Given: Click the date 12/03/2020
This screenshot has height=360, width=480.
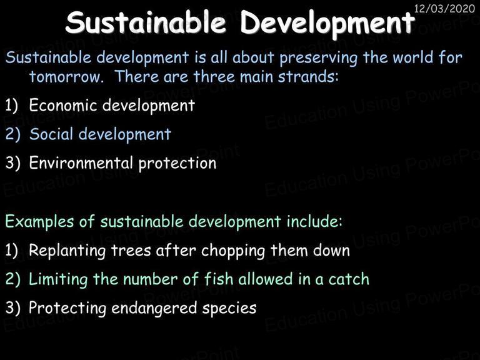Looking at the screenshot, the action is pyautogui.click(x=444, y=8).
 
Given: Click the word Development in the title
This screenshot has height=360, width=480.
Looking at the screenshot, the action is pyautogui.click(x=327, y=23).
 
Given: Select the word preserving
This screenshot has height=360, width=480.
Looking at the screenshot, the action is pyautogui.click(x=318, y=59).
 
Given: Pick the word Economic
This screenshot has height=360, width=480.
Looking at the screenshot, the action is pyautogui.click(x=62, y=105).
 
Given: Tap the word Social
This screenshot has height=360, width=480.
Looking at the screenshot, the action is pyautogui.click(x=51, y=134).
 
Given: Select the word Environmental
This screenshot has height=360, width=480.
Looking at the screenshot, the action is pyautogui.click(x=81, y=162).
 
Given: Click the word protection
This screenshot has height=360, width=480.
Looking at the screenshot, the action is pyautogui.click(x=177, y=164).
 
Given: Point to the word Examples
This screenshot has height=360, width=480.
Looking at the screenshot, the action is pyautogui.click(x=39, y=222).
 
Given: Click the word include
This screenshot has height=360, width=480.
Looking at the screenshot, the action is pyautogui.click(x=314, y=221).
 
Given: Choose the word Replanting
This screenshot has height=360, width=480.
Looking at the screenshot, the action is pyautogui.click(x=67, y=251).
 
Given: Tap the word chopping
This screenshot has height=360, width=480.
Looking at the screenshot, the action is pyautogui.click(x=233, y=251).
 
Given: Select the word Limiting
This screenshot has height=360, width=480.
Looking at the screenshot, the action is pyautogui.click(x=58, y=280).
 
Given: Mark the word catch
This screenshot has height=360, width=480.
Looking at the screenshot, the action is pyautogui.click(x=349, y=279).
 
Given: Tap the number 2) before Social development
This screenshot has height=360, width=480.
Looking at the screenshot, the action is pyautogui.click(x=13, y=134).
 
